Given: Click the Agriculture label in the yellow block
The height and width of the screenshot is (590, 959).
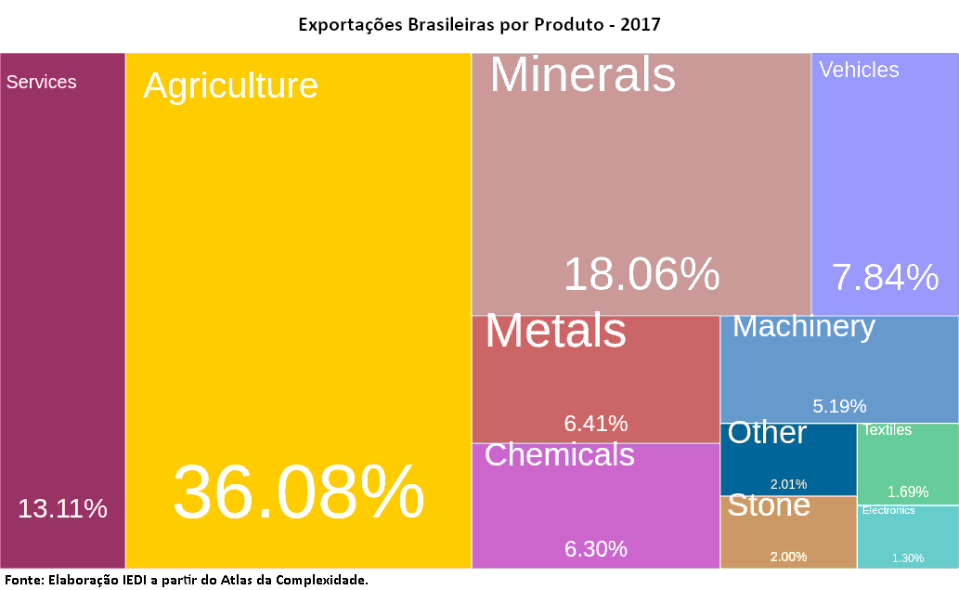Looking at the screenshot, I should tap(230, 85).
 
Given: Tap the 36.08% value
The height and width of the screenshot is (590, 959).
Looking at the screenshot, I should tap(298, 493).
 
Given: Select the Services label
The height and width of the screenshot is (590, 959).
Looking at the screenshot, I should tap(42, 82).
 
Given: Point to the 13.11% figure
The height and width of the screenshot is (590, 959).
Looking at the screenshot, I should tap(63, 508).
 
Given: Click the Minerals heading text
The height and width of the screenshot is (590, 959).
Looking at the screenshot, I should tap(582, 74).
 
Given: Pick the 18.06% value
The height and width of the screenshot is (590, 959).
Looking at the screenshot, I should tap(641, 275).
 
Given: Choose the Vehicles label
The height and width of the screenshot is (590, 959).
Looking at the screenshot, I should tap(859, 70).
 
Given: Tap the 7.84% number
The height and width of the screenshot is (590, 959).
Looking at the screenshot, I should tap(885, 277).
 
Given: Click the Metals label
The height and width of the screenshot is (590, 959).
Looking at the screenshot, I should tap(555, 331).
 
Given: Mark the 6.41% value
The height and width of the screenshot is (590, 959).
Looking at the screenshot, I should tap(596, 424).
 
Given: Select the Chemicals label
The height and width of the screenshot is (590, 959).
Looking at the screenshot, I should tap(559, 454).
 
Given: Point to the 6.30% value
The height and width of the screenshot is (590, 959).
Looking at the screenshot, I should tap(596, 549).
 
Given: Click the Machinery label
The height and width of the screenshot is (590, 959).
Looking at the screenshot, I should tap(804, 327).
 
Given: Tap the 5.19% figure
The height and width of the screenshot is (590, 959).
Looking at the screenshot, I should tap(839, 406).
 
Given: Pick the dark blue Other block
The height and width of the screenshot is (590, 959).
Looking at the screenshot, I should tap(788, 459).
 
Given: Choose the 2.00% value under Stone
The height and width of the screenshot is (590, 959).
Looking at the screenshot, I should tap(788, 557).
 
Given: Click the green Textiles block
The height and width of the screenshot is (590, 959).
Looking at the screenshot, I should tap(907, 463).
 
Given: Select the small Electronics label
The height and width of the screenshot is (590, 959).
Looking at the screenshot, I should tap(888, 510).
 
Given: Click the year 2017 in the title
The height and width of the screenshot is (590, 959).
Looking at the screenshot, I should tap(641, 24).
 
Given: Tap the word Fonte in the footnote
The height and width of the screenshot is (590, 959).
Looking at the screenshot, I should tap(22, 580).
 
